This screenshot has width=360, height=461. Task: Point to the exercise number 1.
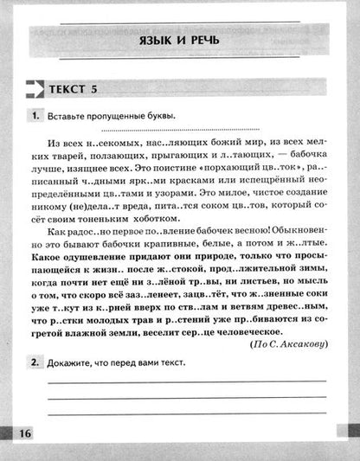coord(35,116)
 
